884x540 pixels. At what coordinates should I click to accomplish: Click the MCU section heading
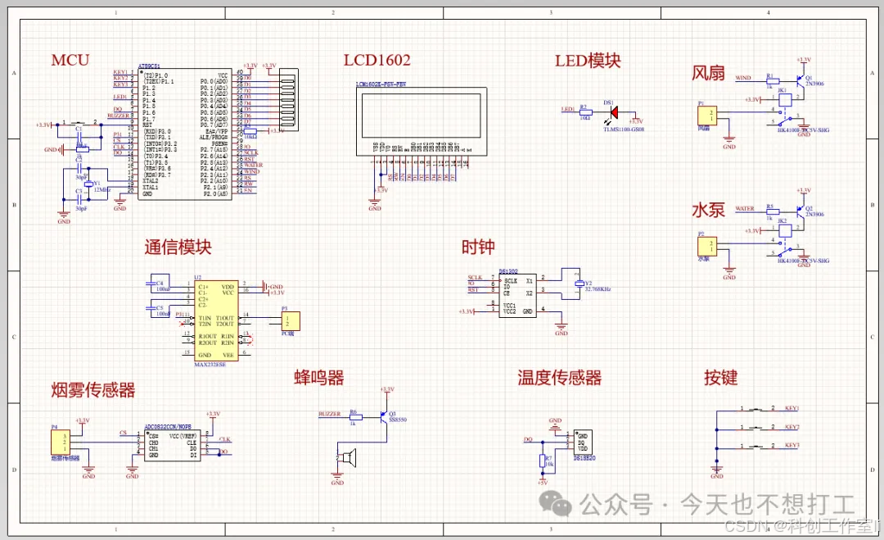pyautogui.click(x=70, y=60)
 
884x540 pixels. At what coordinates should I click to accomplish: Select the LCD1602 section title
pyautogui.click(x=377, y=60)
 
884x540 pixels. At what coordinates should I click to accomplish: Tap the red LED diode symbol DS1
pyautogui.click(x=613, y=111)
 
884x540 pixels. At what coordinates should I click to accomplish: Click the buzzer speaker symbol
pyautogui.click(x=349, y=458)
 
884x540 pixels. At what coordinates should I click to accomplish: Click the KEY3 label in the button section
pyautogui.click(x=792, y=445)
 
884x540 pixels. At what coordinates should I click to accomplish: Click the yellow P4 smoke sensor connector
pyautogui.click(x=58, y=443)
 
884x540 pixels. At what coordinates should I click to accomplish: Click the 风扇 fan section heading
pyautogui.click(x=709, y=73)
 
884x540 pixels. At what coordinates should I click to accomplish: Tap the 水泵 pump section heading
pyautogui.click(x=709, y=209)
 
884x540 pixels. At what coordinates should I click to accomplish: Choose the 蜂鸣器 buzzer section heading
pyautogui.click(x=319, y=377)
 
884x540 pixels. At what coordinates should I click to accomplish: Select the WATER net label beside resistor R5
pyautogui.click(x=745, y=209)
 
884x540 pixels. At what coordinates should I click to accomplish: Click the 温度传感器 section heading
pyautogui.click(x=559, y=377)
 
